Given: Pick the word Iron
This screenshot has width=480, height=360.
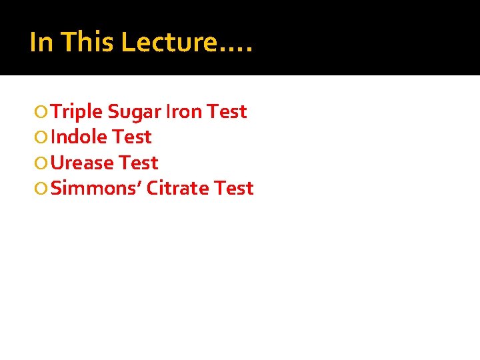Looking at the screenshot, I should [183, 112].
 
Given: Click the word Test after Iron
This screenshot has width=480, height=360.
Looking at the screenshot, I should [227, 112].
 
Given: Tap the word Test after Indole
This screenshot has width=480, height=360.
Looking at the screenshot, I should [132, 137].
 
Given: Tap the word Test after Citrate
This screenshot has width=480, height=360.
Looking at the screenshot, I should [234, 188].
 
